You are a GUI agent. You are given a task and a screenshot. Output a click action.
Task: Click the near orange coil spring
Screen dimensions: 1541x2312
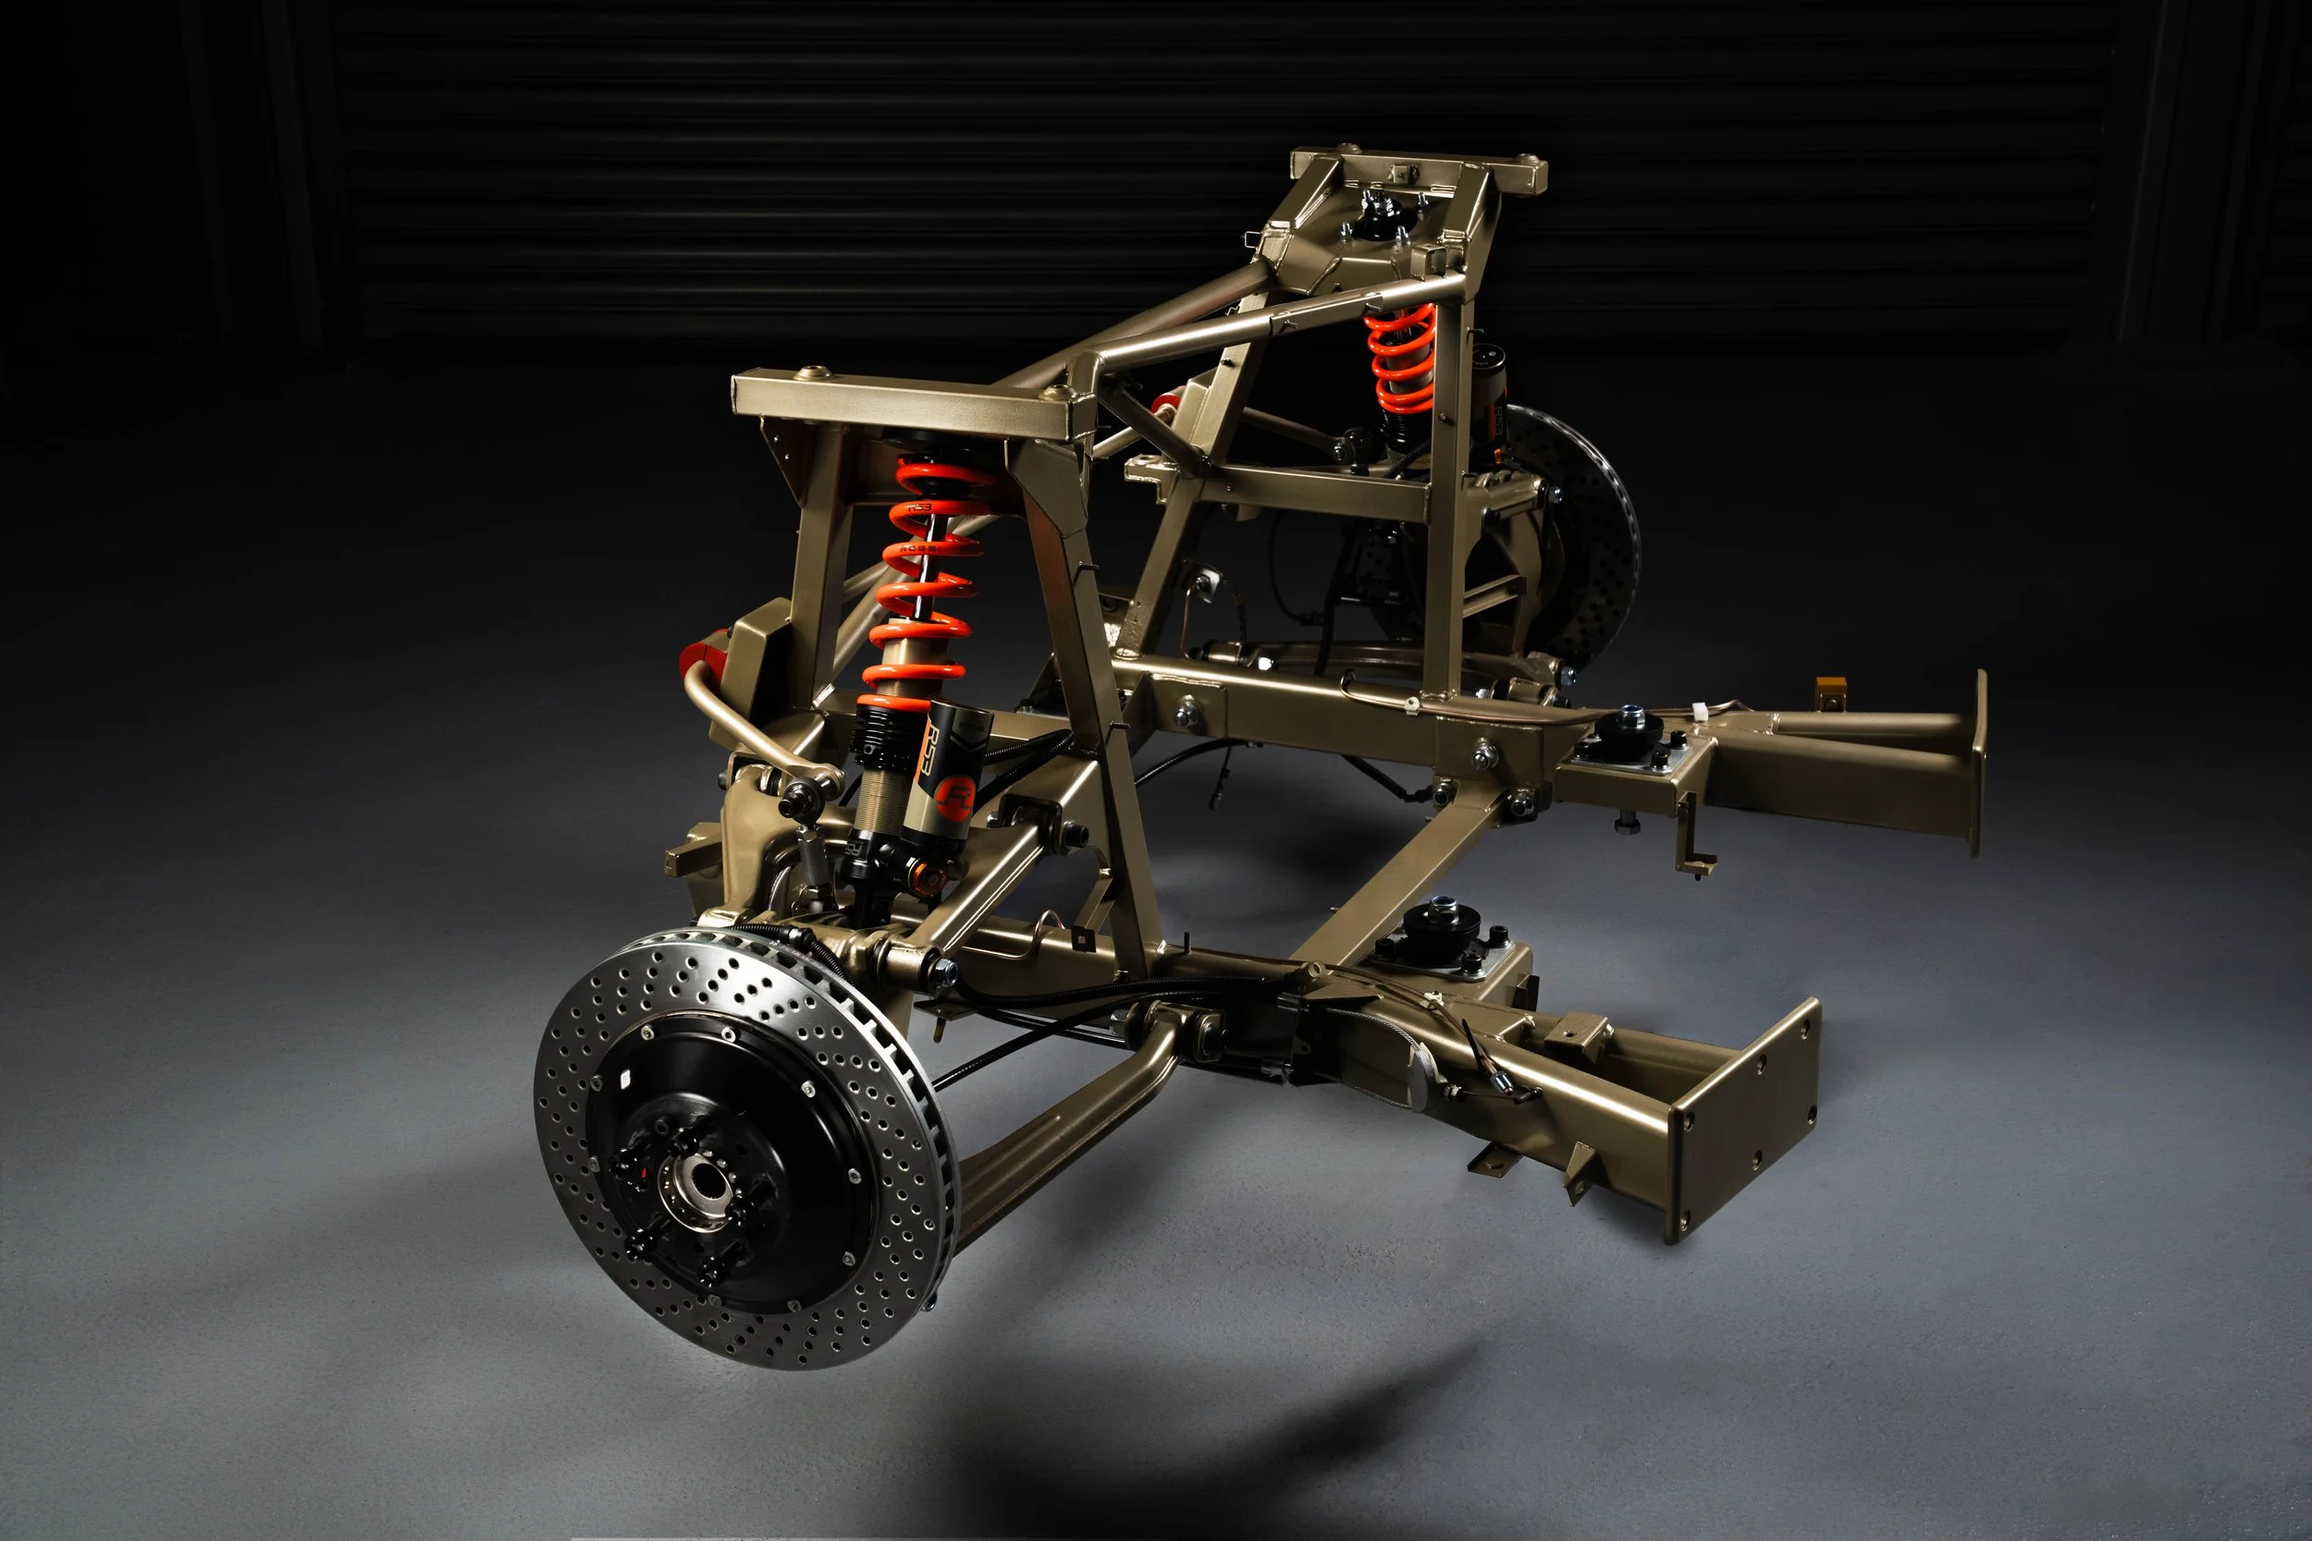(924, 580)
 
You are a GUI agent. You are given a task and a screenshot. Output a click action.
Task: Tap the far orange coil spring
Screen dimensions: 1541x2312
(1402, 359)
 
